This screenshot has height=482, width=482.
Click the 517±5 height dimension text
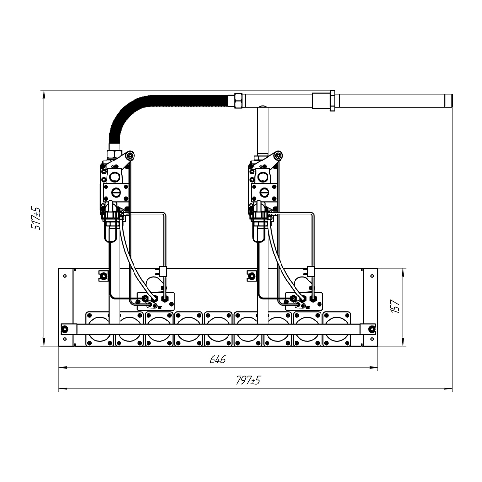(x=36, y=218)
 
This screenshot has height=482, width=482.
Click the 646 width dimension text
(x=217, y=359)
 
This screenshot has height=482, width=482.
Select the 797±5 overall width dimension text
(x=248, y=381)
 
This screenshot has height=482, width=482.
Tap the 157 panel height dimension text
(x=395, y=306)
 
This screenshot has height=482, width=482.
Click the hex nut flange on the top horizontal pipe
(x=332, y=101)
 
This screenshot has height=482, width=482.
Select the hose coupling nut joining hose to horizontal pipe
(x=238, y=101)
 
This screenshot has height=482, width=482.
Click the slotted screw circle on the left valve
(x=117, y=193)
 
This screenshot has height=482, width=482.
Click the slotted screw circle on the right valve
(x=264, y=193)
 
